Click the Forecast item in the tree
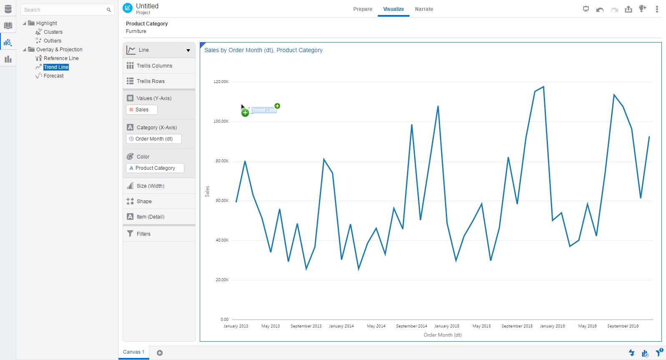tap(53, 76)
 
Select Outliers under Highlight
tap(52, 41)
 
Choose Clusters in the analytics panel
tap(53, 32)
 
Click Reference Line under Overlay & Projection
tap(61, 58)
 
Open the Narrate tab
tap(424, 9)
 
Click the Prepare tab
tap(362, 9)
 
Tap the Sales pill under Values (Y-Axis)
tap(142, 110)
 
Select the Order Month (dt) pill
tap(154, 139)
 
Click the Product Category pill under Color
tap(155, 168)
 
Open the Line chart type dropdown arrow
tap(188, 50)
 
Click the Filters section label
tap(143, 234)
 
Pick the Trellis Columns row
tap(154, 66)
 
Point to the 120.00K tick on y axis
tap(221, 82)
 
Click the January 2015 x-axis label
tap(447, 326)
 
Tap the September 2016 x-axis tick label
tap(623, 326)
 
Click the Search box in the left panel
tap(65, 10)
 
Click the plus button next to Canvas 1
tap(160, 353)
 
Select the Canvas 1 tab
tap(133, 352)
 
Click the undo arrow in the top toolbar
tap(600, 10)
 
